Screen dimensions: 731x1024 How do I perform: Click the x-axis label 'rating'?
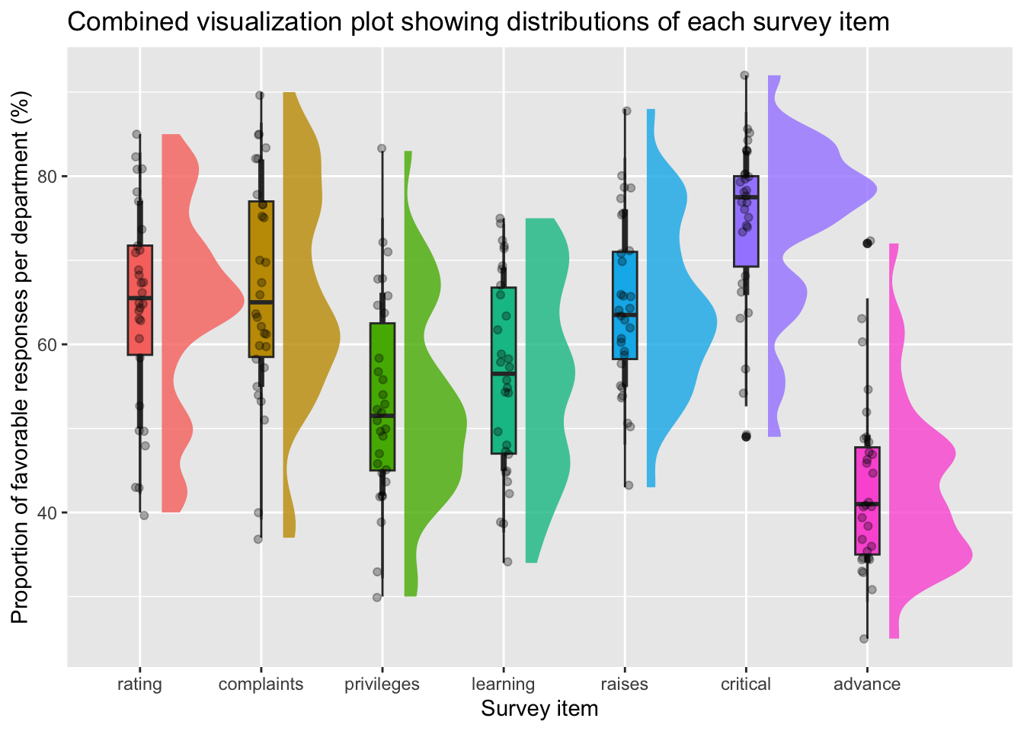(x=139, y=684)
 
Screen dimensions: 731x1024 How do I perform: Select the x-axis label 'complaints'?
(x=261, y=684)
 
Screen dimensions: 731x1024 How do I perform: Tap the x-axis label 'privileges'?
(x=382, y=684)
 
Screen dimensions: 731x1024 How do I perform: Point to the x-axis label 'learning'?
(x=503, y=684)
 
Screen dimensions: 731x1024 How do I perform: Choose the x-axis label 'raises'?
(x=624, y=684)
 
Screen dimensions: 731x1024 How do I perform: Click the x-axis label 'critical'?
(x=745, y=684)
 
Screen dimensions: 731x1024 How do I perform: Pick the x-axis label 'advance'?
(x=866, y=684)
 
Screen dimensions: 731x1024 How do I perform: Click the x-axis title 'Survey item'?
(x=539, y=709)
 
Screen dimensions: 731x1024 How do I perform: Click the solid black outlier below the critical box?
(x=746, y=436)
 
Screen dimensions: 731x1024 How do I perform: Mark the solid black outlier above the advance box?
(x=867, y=244)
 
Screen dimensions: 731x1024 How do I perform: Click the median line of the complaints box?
(x=261, y=302)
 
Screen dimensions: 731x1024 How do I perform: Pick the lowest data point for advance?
(x=863, y=639)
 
